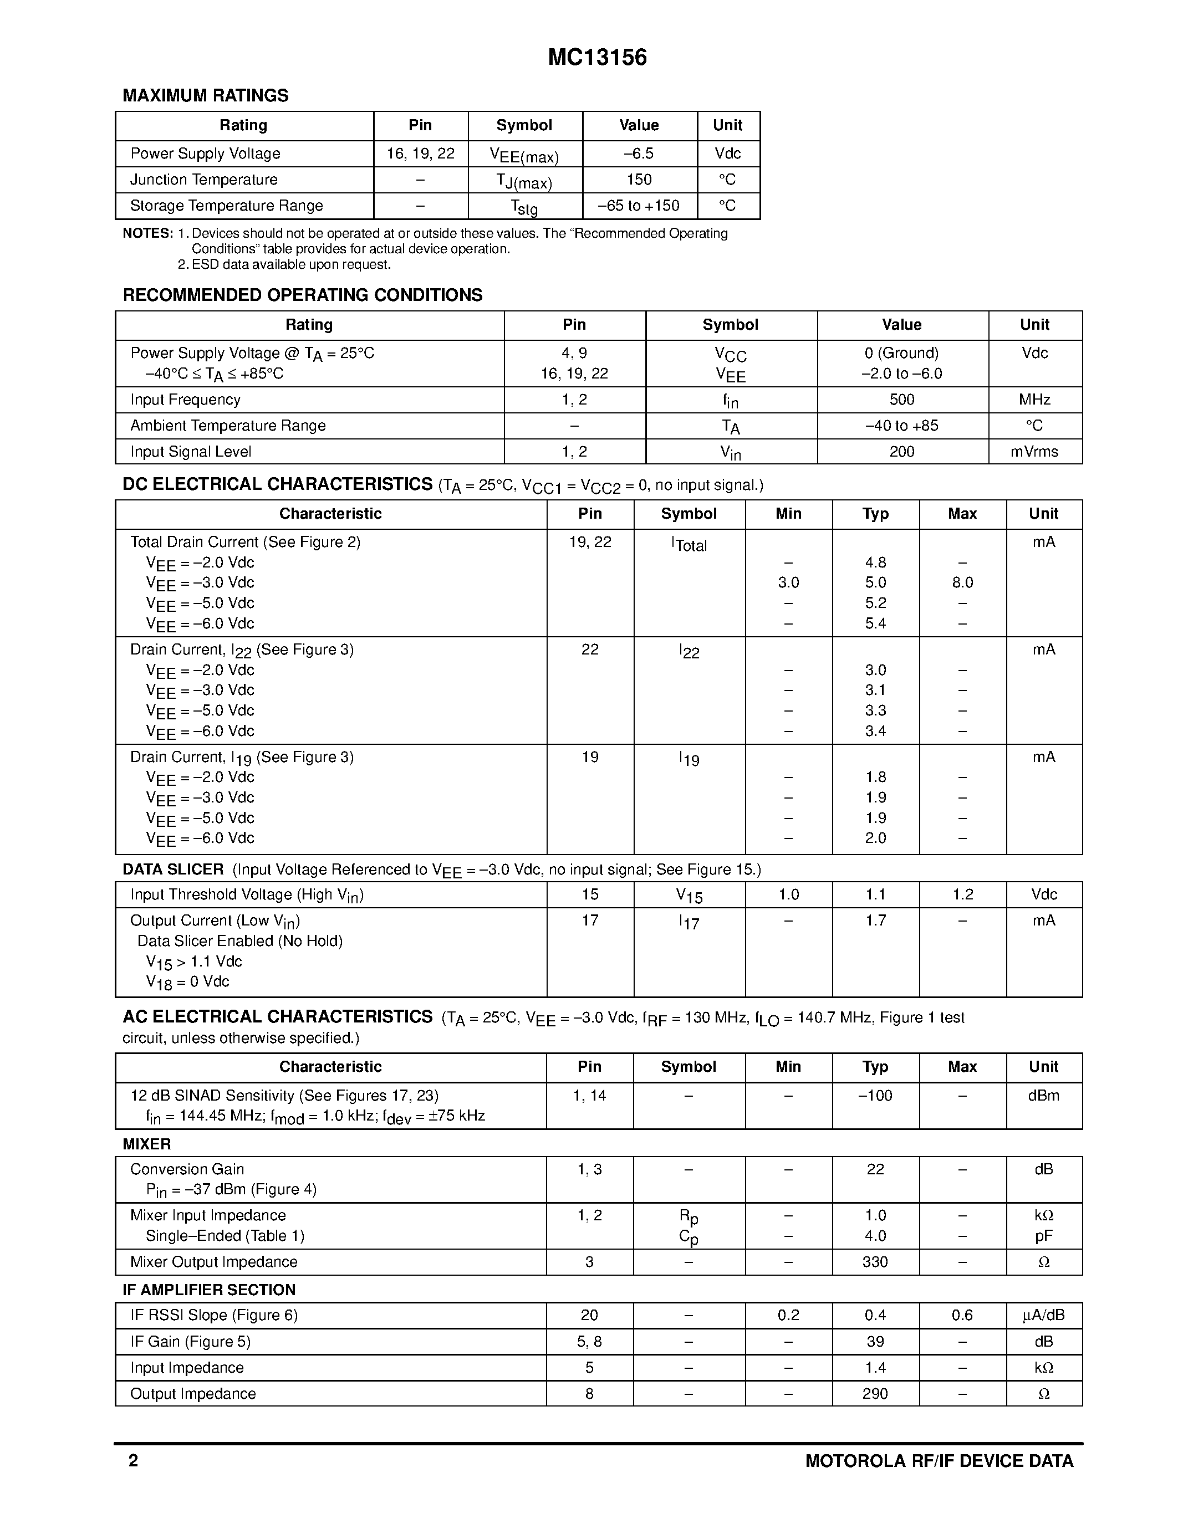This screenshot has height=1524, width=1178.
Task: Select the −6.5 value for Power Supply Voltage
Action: click(639, 154)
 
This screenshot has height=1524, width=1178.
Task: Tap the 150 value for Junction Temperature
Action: click(639, 180)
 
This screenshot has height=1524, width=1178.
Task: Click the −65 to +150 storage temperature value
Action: click(639, 205)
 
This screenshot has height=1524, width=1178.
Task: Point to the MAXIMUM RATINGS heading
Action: click(205, 96)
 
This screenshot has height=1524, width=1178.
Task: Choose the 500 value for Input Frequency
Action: click(901, 399)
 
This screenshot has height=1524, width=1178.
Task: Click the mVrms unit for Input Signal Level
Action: click(1034, 452)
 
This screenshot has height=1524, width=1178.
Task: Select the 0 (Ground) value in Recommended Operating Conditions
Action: click(901, 353)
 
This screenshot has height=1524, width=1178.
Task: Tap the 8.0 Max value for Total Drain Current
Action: click(962, 582)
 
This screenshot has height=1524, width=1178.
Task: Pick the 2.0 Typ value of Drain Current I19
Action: click(875, 838)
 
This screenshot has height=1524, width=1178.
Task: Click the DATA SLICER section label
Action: click(173, 870)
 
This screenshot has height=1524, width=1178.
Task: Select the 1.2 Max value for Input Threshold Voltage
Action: click(962, 894)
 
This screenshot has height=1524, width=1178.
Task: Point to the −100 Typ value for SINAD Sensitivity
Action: click(875, 1096)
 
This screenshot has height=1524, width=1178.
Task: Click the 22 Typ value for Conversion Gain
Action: click(875, 1169)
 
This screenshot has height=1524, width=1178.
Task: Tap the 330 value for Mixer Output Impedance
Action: click(875, 1262)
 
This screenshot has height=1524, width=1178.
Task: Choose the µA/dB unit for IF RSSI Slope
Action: click(1043, 1316)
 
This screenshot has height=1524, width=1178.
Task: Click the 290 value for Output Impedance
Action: click(875, 1394)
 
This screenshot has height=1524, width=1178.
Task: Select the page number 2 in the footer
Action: click(133, 1461)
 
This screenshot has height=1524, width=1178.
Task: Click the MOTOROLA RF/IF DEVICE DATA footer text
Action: click(939, 1461)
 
